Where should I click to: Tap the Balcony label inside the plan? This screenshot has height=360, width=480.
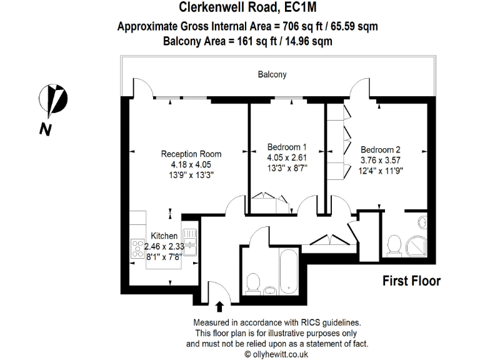pyautogui.click(x=272, y=74)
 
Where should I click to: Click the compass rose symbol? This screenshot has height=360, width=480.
pyautogui.click(x=52, y=98)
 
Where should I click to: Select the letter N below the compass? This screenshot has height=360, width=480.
pyautogui.click(x=45, y=129)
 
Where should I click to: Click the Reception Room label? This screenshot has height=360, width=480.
pyautogui.click(x=191, y=154)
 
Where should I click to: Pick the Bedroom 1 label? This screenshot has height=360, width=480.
pyautogui.click(x=287, y=147)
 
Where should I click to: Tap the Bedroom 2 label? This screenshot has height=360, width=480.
pyautogui.click(x=380, y=150)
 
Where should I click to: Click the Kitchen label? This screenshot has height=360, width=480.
pyautogui.click(x=164, y=236)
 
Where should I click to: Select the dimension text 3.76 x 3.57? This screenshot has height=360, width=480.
pyautogui.click(x=380, y=160)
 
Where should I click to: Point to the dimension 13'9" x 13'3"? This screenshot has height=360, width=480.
pyautogui.click(x=191, y=175)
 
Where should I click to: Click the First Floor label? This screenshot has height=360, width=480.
pyautogui.click(x=411, y=281)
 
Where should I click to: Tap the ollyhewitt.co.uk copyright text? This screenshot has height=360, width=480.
pyautogui.click(x=276, y=354)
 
